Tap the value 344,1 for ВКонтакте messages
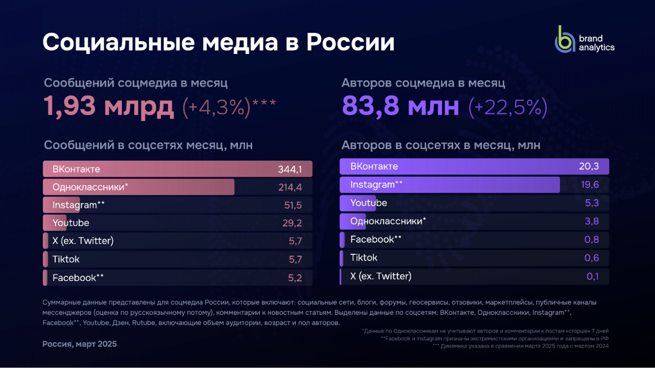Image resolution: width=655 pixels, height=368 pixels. (290, 169)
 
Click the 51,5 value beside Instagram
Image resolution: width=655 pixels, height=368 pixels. (293, 205)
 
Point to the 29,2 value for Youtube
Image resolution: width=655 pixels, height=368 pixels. (292, 223)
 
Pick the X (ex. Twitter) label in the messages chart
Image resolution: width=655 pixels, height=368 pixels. (83, 241)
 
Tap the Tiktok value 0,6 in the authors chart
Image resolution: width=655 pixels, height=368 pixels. (591, 258)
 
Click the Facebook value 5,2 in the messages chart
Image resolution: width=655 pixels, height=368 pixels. (295, 278)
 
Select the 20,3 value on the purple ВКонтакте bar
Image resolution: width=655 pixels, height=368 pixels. (589, 166)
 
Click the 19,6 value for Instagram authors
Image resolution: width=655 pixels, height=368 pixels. (589, 185)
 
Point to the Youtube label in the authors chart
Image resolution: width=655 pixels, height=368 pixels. (368, 203)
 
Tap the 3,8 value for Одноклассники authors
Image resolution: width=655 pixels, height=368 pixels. (592, 221)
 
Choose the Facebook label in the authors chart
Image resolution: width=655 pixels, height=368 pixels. (375, 240)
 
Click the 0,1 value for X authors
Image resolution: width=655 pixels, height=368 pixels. (592, 276)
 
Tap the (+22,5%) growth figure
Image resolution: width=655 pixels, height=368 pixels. (508, 108)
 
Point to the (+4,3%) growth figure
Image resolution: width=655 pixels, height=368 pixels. (216, 108)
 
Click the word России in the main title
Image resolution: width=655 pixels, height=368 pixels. (350, 42)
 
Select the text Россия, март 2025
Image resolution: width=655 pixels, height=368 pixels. (79, 344)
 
